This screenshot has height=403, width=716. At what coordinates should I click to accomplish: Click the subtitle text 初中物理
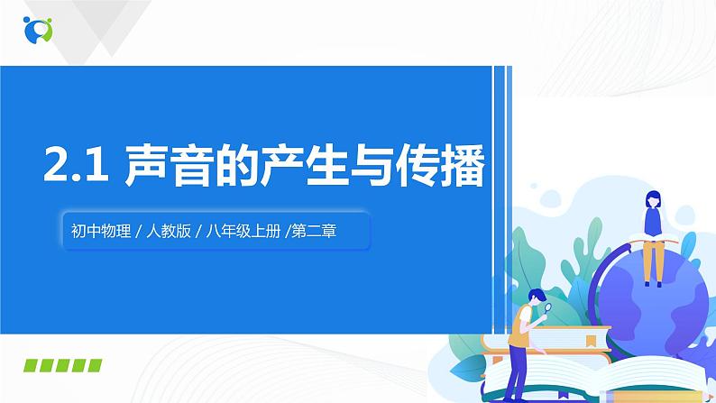(96, 231)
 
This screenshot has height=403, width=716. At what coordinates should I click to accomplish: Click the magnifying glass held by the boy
(548, 307)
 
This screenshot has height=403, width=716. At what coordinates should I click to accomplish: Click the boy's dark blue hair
(536, 296)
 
